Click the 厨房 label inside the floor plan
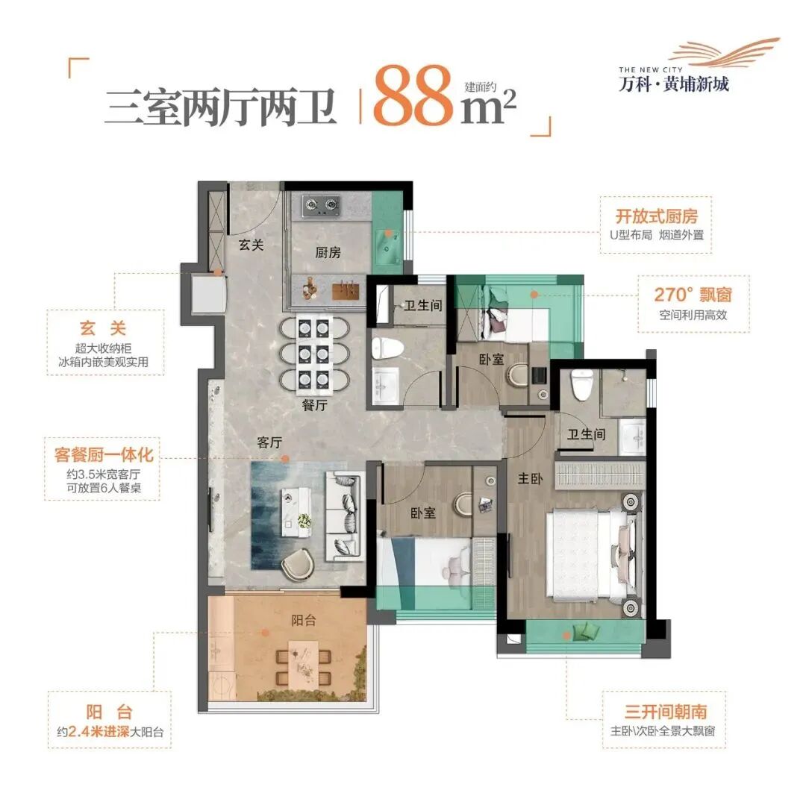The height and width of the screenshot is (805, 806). coord(328,252)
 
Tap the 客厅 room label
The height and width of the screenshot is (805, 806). coord(269,442)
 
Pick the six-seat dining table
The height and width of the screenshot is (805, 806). coord(313,354)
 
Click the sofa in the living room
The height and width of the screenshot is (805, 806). coord(344,515)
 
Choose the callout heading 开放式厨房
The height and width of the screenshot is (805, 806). coord(657,216)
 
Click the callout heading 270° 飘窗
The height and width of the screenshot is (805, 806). coord(682,295)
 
